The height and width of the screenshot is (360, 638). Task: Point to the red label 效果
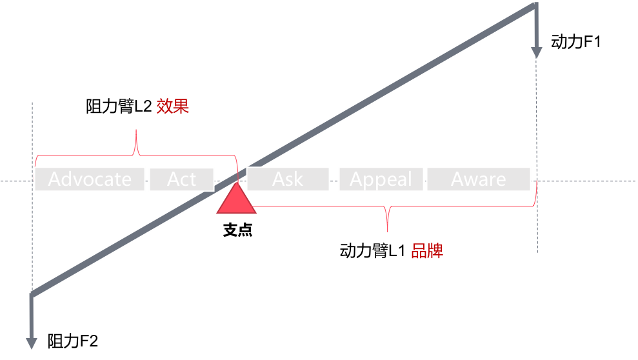click(173, 106)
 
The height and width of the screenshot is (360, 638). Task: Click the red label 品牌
click(427, 251)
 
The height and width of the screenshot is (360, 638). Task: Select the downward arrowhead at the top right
click(536, 52)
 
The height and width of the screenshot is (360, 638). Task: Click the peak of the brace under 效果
click(136, 132)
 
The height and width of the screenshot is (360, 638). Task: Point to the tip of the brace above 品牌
click(388, 230)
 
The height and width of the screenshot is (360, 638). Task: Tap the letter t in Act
click(192, 179)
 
